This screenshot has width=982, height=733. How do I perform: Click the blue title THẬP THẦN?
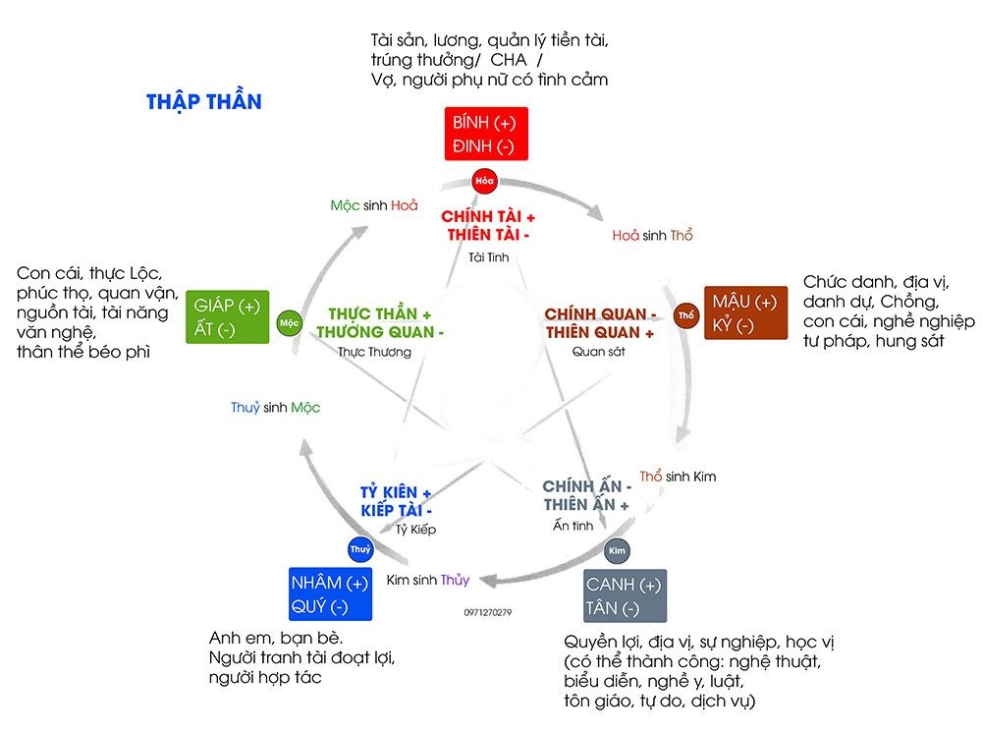click(204, 102)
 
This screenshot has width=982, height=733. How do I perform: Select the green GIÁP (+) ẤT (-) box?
click(227, 316)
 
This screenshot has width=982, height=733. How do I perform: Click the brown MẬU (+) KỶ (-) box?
click(745, 312)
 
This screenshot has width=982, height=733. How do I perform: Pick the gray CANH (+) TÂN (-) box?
click(625, 596)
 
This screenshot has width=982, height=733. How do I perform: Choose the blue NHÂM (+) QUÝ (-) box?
click(330, 594)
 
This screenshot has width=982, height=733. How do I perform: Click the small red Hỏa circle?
click(483, 181)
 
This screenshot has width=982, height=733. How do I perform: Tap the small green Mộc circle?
click(288, 322)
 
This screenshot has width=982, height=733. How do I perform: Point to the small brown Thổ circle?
click(686, 314)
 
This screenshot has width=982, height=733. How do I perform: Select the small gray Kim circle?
click(618, 551)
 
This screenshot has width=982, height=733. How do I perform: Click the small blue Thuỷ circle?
click(360, 549)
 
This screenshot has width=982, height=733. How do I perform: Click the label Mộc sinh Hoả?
click(374, 205)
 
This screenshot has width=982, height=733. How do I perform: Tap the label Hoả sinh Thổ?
click(652, 236)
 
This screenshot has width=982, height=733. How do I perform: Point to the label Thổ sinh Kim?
click(678, 477)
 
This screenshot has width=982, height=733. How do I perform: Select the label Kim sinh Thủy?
click(428, 580)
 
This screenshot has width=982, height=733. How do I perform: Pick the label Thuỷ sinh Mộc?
click(275, 408)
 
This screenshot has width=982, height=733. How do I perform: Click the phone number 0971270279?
click(487, 612)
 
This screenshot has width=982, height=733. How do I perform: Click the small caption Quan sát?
click(598, 351)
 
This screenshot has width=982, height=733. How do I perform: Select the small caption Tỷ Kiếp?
click(415, 530)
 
